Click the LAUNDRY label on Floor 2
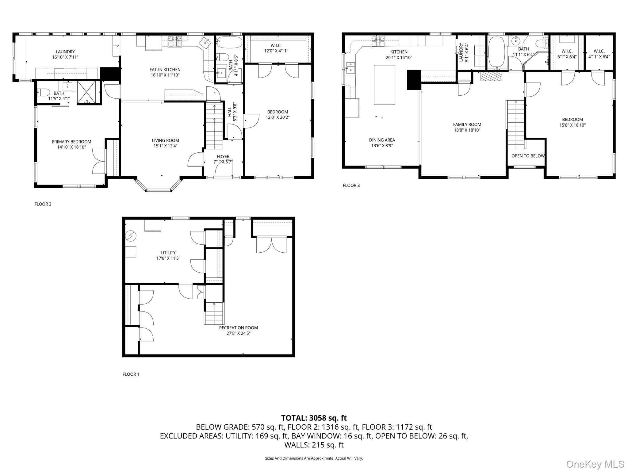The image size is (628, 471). [x=65, y=52]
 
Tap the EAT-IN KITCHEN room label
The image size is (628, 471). [x=165, y=70]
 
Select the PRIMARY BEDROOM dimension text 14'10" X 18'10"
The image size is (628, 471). [x=71, y=147]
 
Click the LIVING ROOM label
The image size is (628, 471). [x=165, y=140]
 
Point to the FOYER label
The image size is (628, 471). [x=223, y=156]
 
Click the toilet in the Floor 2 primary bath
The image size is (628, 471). [x=43, y=92]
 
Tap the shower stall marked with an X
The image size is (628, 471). [x=88, y=92]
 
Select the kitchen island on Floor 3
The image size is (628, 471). [x=384, y=85]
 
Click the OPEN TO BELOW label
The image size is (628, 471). [x=528, y=156]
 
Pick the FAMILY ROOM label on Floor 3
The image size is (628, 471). [x=467, y=124]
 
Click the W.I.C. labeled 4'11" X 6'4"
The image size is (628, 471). [x=599, y=54]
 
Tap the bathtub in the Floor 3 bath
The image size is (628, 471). [x=496, y=52]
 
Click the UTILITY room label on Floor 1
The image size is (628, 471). [x=168, y=253]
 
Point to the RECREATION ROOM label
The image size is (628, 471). [x=238, y=328]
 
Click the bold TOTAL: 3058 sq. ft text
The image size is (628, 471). [x=314, y=418]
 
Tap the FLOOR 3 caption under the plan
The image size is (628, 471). [x=351, y=185]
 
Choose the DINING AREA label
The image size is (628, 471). [x=382, y=140]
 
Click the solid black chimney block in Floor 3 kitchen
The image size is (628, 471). [x=414, y=80]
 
